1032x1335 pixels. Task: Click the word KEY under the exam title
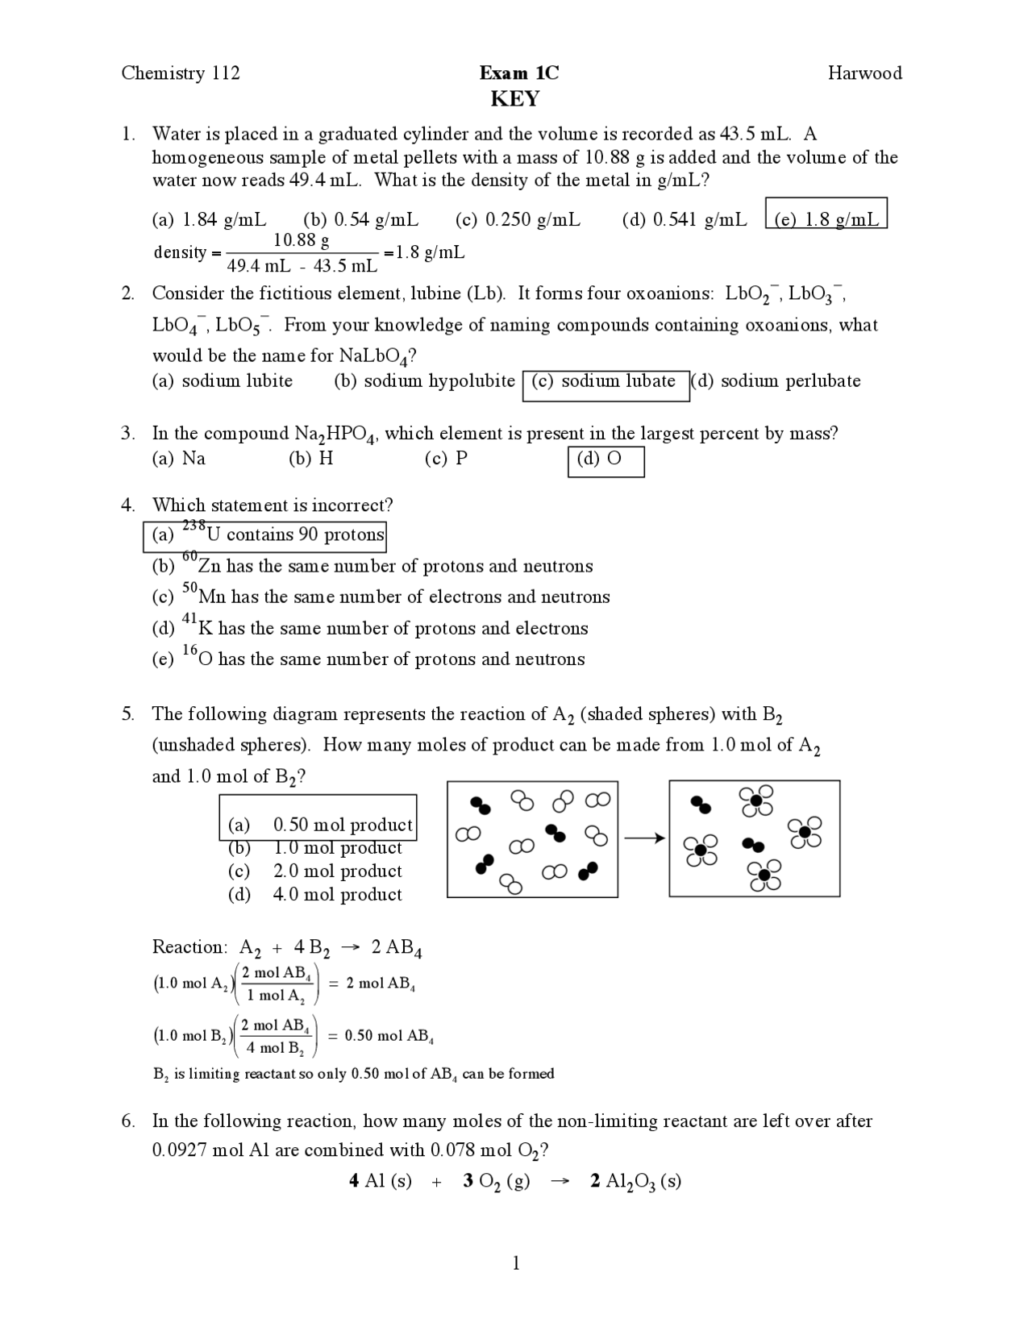pos(515,99)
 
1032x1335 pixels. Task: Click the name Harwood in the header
pos(864,73)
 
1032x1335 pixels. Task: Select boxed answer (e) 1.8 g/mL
pos(826,219)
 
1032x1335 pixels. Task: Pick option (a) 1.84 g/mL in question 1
pos(209,219)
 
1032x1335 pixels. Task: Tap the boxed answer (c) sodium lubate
pos(606,381)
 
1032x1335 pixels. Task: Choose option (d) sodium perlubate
pos(776,381)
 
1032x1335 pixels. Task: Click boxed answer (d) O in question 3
pos(605,460)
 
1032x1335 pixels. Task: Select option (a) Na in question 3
pos(178,459)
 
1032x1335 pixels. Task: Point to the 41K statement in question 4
pos(371,628)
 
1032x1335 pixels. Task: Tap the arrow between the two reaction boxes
pos(643,838)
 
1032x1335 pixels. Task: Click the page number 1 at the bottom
pos(516,1263)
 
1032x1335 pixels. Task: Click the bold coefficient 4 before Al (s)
pos(354,1181)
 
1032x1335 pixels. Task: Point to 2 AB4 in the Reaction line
pos(396,947)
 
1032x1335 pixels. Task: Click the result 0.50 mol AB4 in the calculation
pos(389,1036)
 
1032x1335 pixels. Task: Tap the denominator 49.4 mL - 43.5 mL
pos(302,265)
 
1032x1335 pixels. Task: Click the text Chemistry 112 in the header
pos(181,73)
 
